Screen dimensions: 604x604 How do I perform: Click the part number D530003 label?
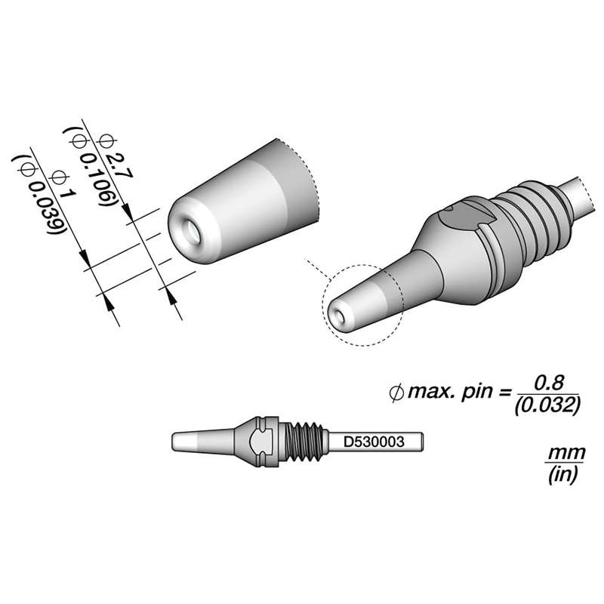(375, 439)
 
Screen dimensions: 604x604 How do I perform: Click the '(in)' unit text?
(559, 475)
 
